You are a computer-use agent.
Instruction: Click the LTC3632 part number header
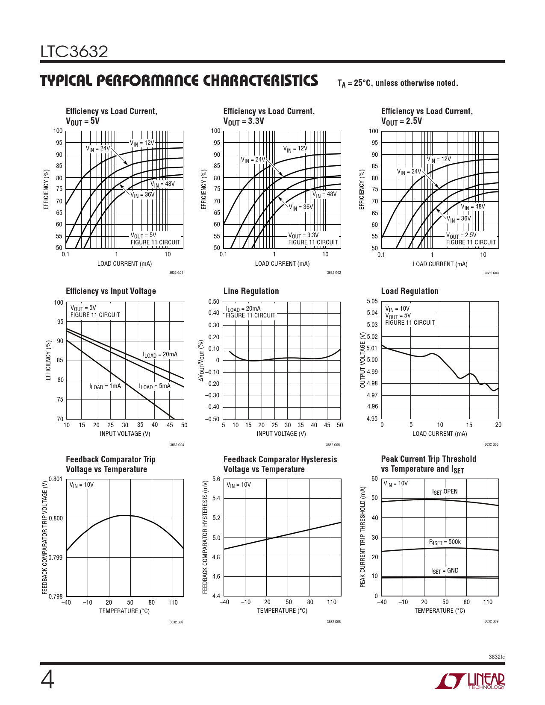coord(74,52)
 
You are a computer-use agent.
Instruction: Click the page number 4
coord(47,680)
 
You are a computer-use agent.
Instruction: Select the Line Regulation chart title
coord(251,291)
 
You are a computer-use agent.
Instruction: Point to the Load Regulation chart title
coord(409,291)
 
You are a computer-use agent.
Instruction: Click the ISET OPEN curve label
coord(445,492)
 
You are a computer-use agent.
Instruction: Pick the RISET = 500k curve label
coord(445,542)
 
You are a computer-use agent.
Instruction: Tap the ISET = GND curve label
coord(445,571)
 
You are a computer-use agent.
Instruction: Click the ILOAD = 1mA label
coord(105,386)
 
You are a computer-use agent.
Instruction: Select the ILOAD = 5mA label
coord(154,386)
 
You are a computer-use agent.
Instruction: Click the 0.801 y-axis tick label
coord(56,479)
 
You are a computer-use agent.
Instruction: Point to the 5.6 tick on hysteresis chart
coord(216,479)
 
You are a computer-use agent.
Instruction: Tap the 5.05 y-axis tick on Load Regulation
coord(372,301)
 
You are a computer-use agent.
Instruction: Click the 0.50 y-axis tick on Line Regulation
coord(214,302)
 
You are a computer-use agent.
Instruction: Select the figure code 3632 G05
coord(333,445)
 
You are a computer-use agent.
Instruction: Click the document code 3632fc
coord(496,657)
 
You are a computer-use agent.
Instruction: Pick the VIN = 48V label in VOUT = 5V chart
coord(162,184)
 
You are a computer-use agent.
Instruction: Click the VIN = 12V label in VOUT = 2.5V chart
coord(439,159)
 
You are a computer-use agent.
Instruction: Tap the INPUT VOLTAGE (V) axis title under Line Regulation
coord(281,434)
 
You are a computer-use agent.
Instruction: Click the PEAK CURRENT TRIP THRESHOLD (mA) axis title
coord(363,537)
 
